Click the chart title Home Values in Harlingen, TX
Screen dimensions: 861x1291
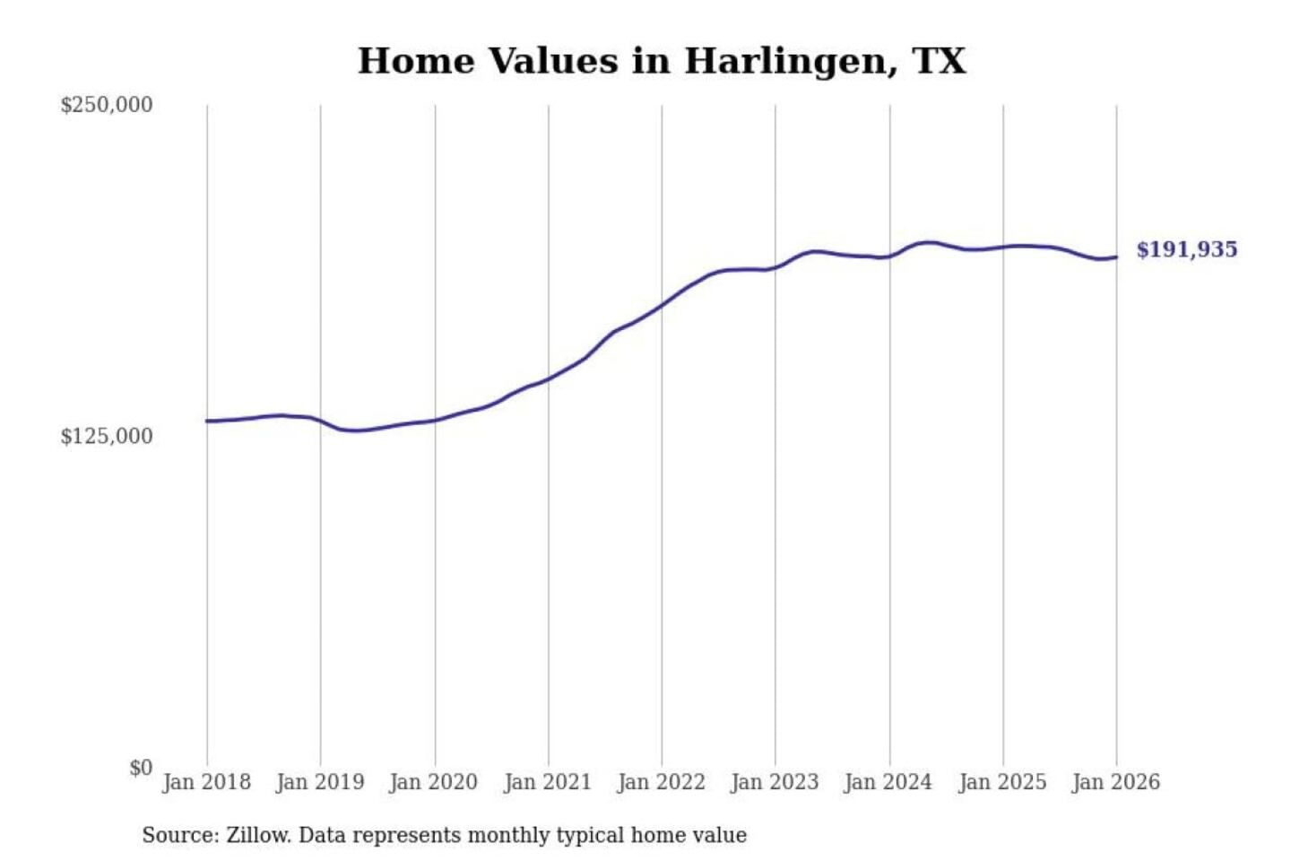tap(662, 61)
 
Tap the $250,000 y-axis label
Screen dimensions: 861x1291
tap(106, 105)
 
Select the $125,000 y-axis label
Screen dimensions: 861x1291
tap(106, 437)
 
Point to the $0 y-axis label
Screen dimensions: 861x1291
tap(141, 768)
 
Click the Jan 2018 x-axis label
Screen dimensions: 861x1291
tap(206, 782)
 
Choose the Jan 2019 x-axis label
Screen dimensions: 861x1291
tap(320, 782)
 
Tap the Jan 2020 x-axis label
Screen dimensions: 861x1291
tap(434, 782)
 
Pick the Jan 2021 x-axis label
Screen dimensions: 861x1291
tap(548, 782)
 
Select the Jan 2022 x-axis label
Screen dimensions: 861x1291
tap(662, 782)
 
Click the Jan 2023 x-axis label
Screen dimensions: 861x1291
tap(775, 782)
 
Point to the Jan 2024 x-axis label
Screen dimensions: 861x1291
tap(888, 782)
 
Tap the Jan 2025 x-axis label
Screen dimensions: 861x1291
tap(1002, 782)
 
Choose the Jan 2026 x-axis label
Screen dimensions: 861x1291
tap(1116, 782)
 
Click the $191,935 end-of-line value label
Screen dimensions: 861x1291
tap(1186, 249)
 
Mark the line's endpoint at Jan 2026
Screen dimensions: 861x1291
tap(1116, 257)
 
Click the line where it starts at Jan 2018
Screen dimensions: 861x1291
tap(207, 421)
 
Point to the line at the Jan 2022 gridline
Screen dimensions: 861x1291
tap(662, 306)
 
